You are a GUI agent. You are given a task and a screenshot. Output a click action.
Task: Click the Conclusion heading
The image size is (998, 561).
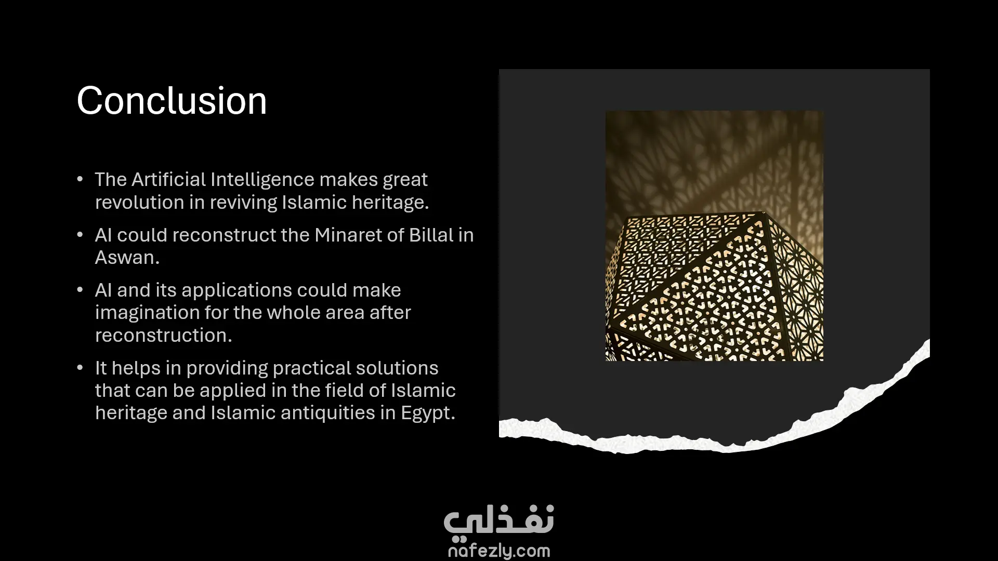[172, 100]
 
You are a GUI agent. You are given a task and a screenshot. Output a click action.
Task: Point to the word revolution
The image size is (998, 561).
[139, 202]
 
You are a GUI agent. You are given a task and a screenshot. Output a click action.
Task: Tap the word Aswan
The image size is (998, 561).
[127, 257]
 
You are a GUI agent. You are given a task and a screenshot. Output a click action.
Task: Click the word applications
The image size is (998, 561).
[237, 290]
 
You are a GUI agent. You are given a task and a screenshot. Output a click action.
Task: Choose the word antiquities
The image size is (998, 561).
[338, 413]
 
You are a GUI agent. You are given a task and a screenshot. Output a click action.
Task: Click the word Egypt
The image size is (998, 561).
[428, 413]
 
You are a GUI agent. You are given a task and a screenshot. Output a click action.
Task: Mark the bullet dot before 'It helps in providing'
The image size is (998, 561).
[80, 368]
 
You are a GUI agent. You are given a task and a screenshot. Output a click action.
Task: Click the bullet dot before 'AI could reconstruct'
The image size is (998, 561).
[80, 235]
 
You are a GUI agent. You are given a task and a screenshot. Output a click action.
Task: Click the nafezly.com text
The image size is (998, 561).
[499, 551]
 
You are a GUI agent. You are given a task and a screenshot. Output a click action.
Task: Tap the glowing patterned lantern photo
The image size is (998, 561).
[714, 236]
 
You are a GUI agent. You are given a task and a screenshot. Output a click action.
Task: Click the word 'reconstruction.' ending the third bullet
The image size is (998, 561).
[164, 335]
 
